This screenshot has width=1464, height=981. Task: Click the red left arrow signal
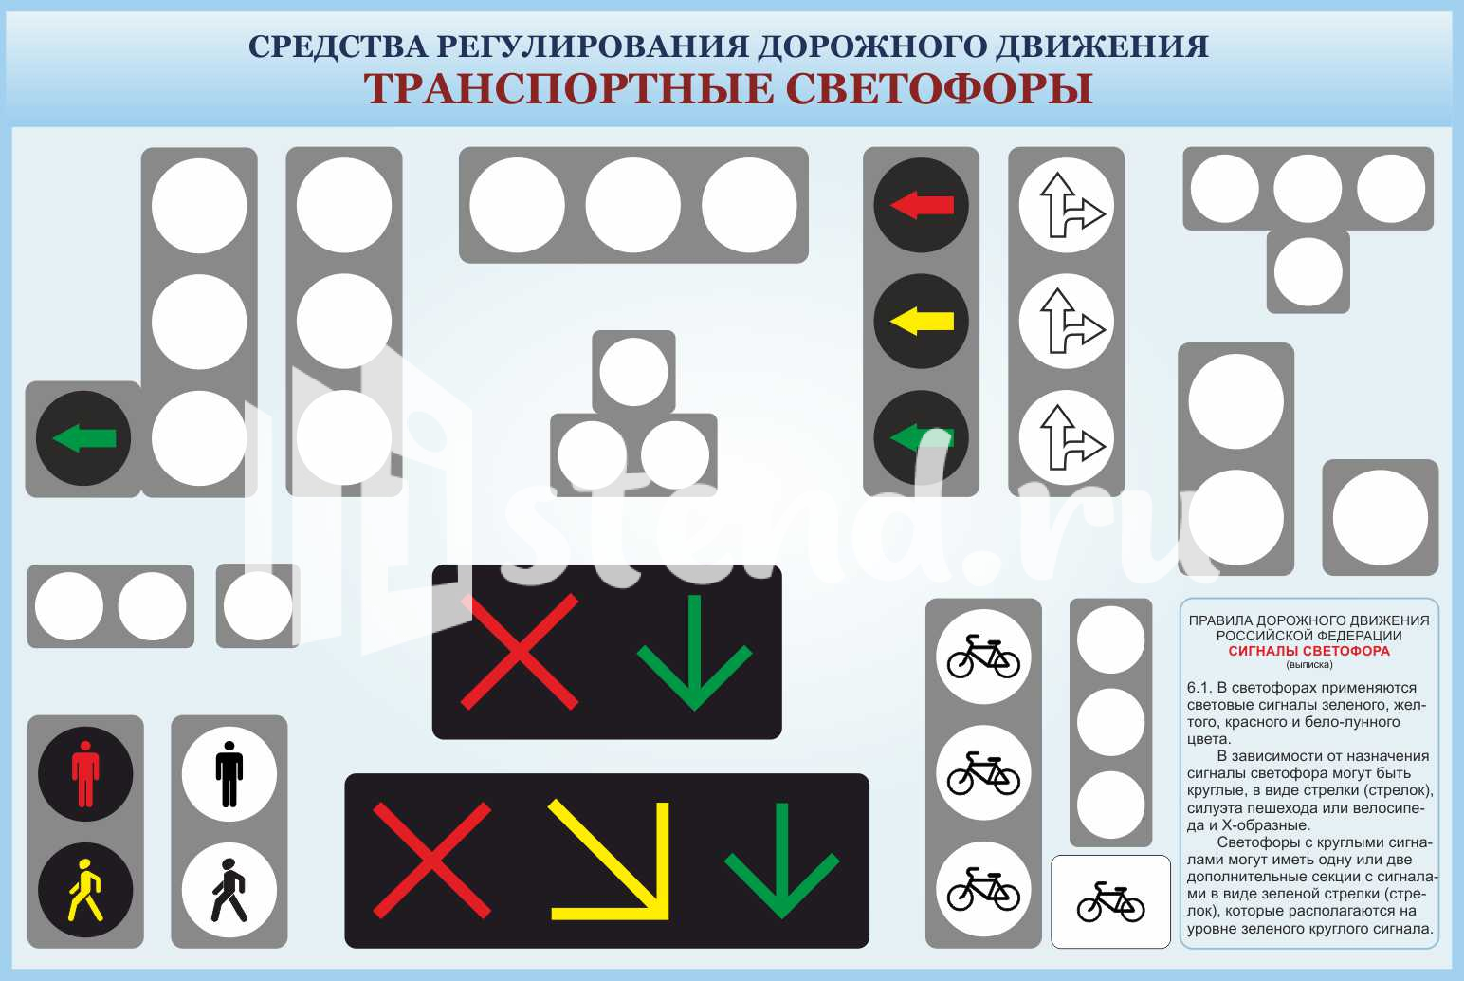pos(922,205)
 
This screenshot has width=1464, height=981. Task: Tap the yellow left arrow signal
pos(922,321)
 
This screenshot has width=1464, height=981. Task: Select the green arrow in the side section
pos(83,438)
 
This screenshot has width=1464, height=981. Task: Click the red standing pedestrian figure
pos(85,773)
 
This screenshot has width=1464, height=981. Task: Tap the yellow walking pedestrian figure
pos(85,890)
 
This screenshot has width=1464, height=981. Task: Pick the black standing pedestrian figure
pos(229,773)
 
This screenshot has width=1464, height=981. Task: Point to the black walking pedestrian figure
pos(229,890)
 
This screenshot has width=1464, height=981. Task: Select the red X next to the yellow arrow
pos(431,860)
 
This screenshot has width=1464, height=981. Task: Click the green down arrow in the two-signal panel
pos(695,652)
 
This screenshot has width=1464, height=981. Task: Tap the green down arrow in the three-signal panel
pos(781,860)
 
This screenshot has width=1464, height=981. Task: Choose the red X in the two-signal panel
pos(520,652)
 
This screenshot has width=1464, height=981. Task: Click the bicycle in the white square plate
pos(1110,902)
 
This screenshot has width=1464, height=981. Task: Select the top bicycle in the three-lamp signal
pos(983,656)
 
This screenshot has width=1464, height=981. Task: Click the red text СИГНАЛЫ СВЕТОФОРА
pos(1308,651)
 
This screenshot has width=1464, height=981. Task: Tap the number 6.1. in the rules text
pos(1200,688)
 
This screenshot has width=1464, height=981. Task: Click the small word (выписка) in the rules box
pos(1309,665)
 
